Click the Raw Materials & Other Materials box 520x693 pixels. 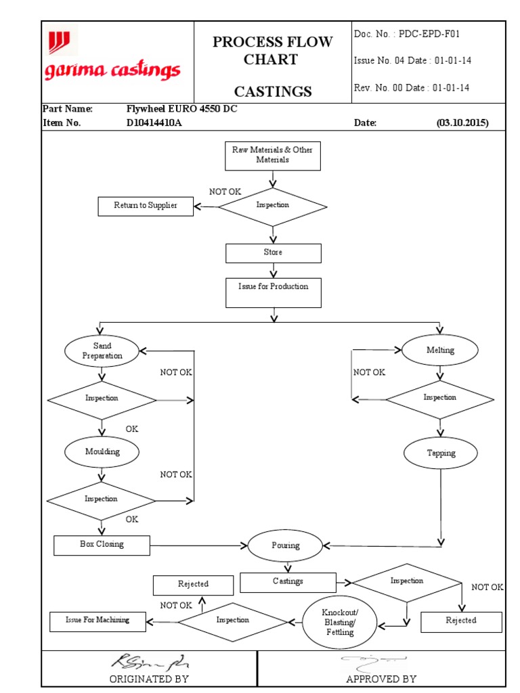273,155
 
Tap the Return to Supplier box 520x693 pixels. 146,206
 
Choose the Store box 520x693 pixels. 273,252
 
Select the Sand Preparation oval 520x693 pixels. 102,351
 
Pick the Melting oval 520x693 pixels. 440,351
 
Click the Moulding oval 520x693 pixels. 102,451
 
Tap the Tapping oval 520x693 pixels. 441,453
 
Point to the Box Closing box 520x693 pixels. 102,545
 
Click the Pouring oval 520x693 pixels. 285,545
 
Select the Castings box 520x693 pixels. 288,582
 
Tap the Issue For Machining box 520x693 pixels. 97,621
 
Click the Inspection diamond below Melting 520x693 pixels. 440,398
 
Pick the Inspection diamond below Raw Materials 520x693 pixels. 273,206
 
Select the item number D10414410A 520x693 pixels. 154,123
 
